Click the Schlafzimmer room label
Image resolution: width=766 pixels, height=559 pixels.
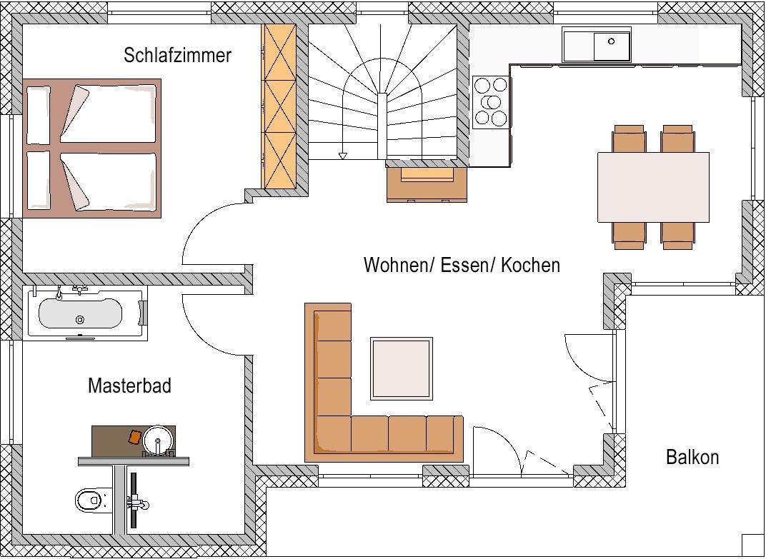[177, 56]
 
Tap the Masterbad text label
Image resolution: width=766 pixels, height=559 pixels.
[129, 386]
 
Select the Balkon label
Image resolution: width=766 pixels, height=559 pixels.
[692, 457]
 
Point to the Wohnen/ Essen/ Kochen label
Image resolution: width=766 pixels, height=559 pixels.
[462, 265]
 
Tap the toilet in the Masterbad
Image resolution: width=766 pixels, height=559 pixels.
[89, 500]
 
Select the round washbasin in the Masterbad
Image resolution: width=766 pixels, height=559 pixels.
[159, 440]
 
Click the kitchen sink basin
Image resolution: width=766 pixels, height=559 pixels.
[612, 46]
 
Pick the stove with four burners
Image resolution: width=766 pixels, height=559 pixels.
[491, 101]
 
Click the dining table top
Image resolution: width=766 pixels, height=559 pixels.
[653, 187]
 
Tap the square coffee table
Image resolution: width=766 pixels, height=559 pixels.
[401, 368]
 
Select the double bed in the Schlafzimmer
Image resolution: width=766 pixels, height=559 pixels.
[91, 148]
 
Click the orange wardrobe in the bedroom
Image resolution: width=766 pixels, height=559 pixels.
[279, 107]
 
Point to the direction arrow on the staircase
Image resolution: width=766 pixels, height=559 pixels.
[343, 155]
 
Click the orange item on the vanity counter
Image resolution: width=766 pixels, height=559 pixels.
[134, 435]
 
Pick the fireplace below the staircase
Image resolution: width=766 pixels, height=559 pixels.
[427, 183]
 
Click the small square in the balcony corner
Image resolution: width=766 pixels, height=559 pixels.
[752, 544]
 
